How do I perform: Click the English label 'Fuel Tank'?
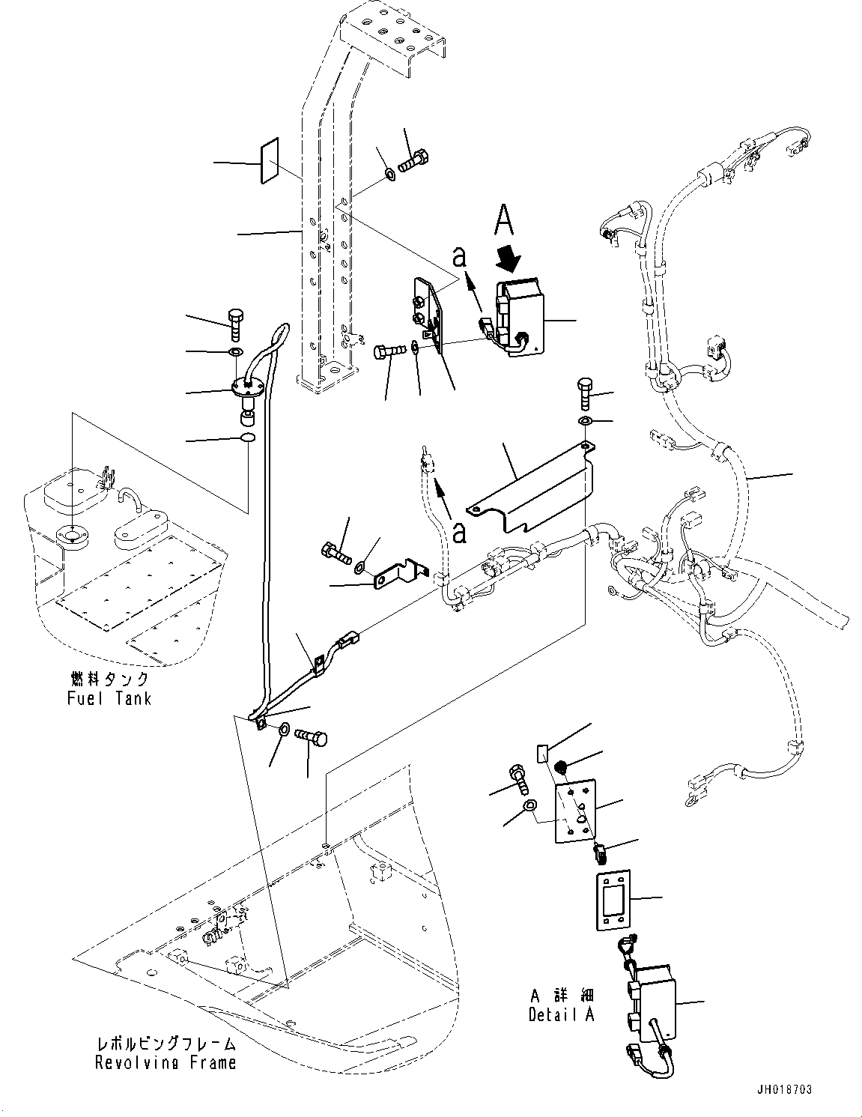[107, 698]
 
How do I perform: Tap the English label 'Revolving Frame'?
[166, 1062]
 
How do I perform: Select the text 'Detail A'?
[562, 1017]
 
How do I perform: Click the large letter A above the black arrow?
[506, 223]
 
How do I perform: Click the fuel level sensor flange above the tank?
[246, 387]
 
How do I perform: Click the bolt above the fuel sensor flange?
[234, 324]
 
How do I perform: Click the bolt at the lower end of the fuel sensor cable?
[311, 736]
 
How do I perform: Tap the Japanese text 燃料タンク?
[106, 679]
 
